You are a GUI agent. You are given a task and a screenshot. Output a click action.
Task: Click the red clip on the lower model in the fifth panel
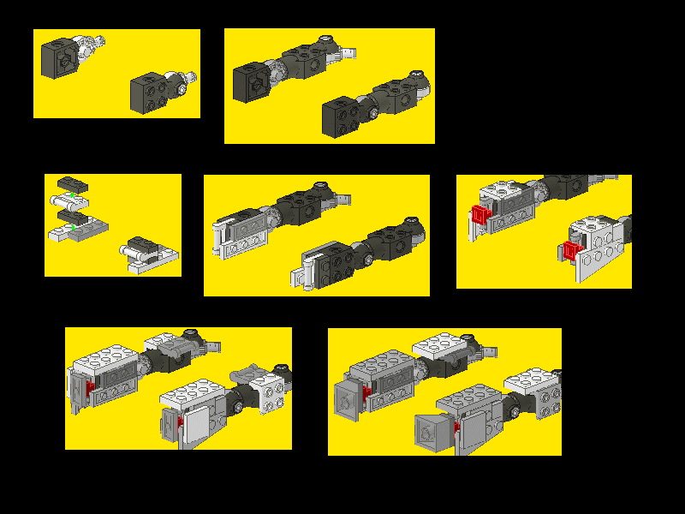[571, 252]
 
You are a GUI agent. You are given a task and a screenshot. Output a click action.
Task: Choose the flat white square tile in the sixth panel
[195, 421]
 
